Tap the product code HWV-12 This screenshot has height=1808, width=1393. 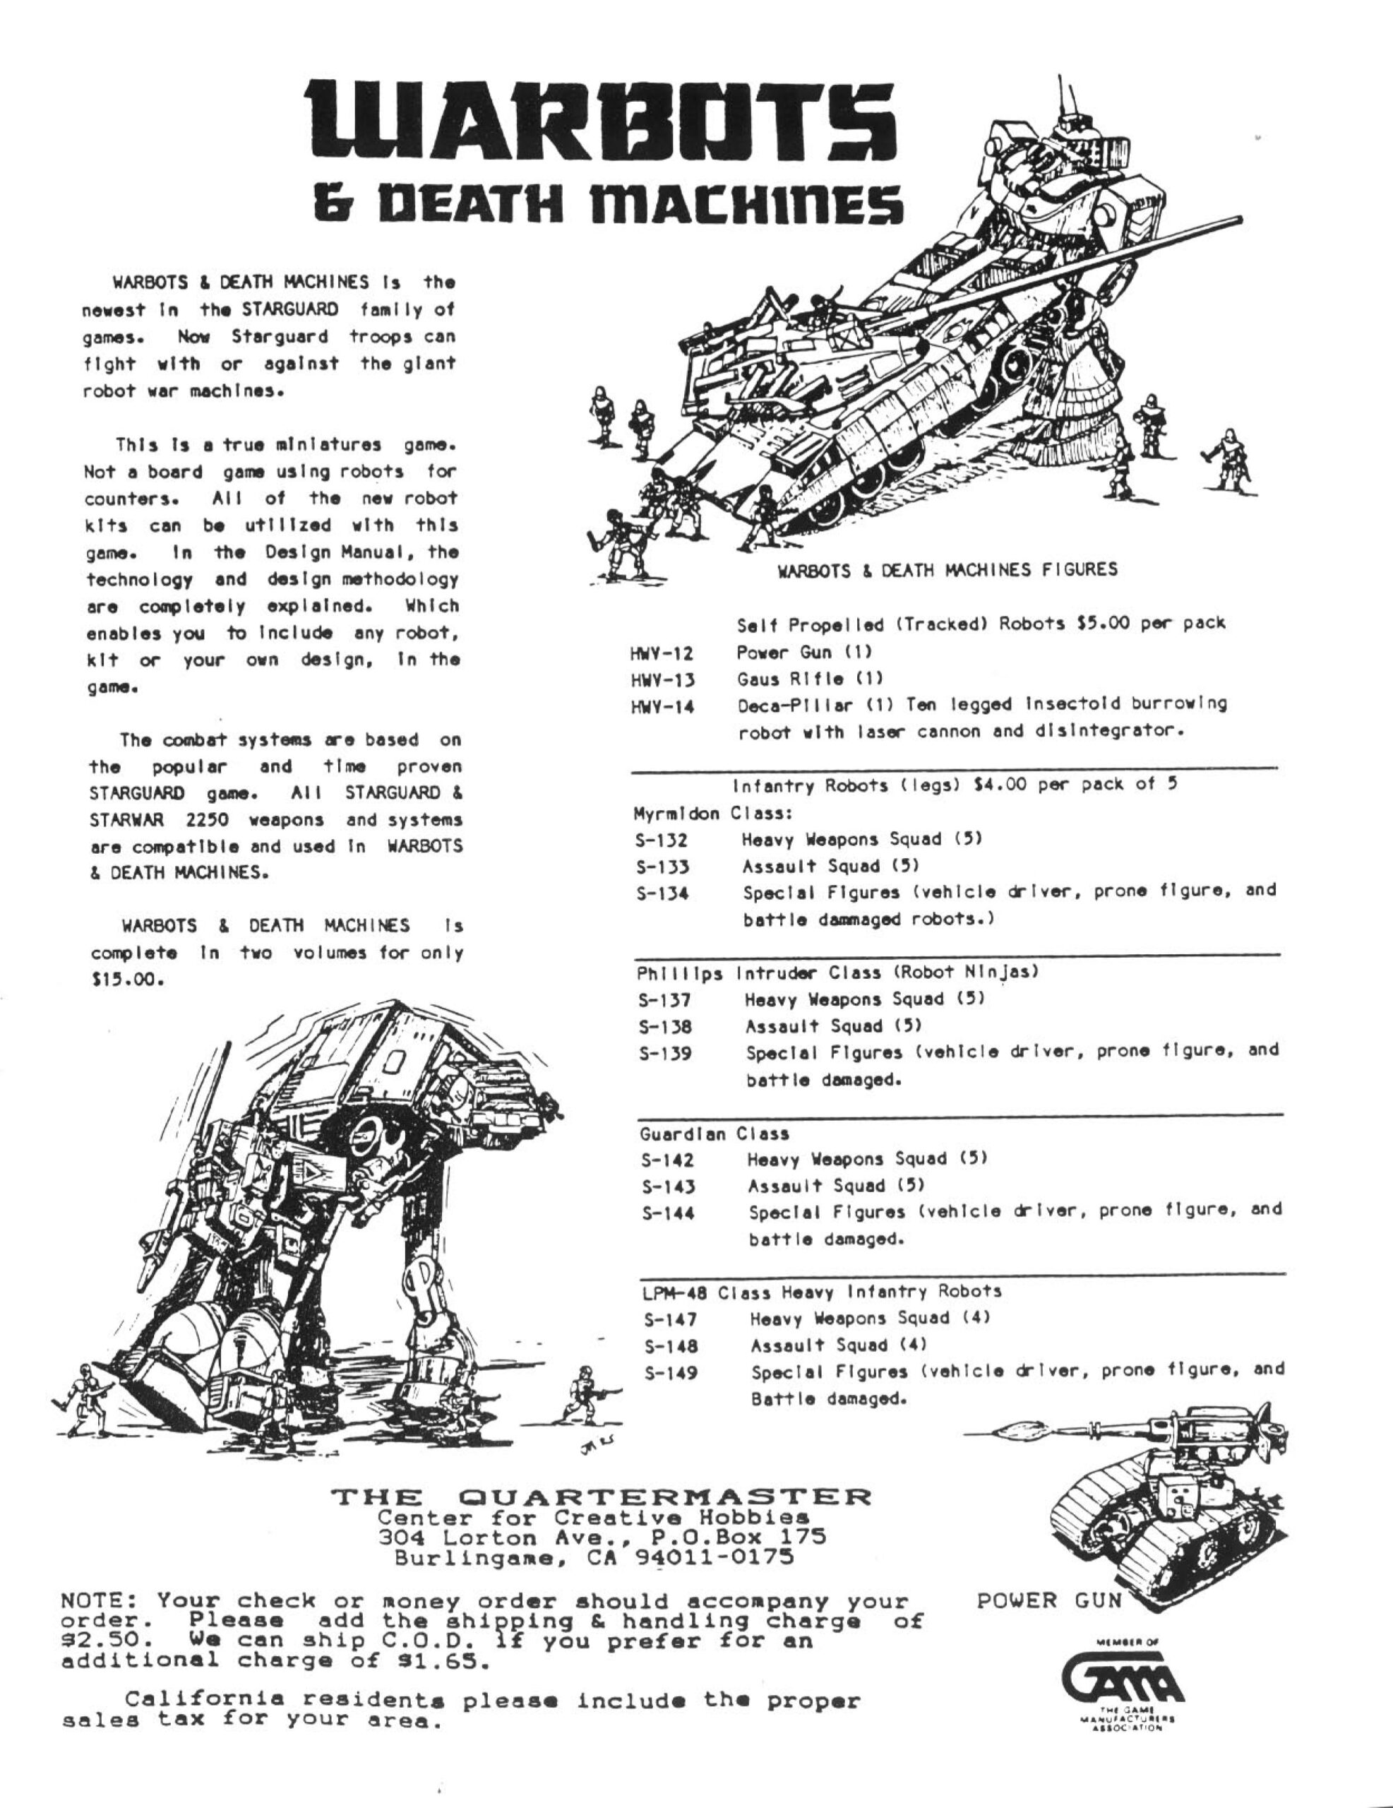pos(662,653)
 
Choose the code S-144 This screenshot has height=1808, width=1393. pos(668,1213)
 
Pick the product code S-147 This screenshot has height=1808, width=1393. pos(671,1319)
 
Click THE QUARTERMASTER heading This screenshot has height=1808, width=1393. pos(602,1497)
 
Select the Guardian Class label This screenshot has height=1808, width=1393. pos(715,1134)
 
